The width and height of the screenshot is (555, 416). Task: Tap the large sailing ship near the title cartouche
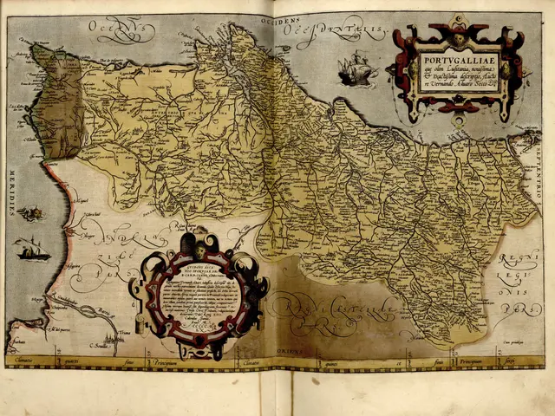coord(356,68)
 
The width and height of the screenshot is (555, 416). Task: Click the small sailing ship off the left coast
coord(32,249)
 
